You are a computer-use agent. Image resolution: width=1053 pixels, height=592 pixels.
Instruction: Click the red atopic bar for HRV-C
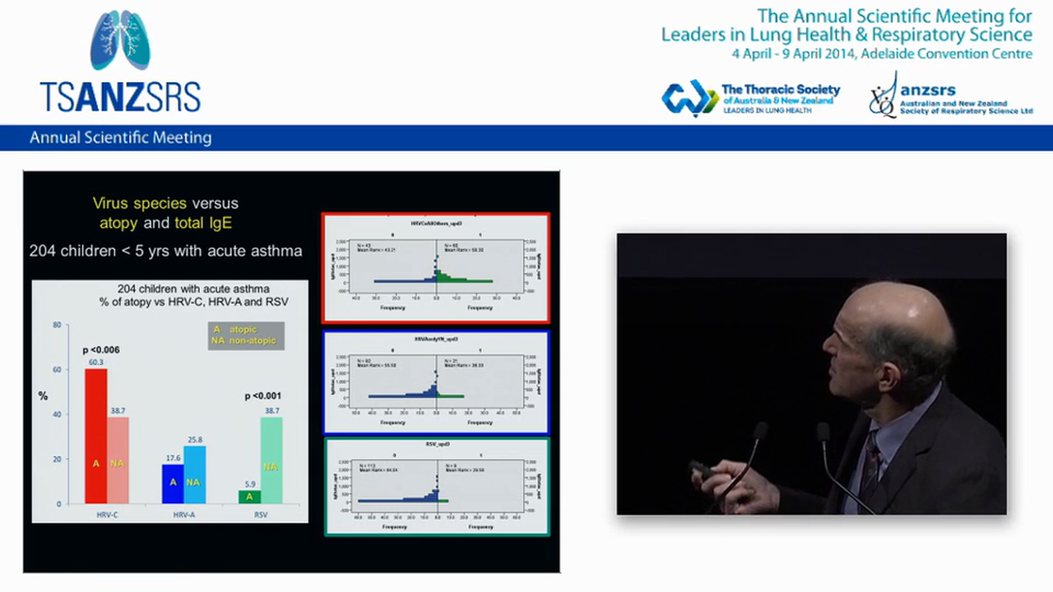point(96,436)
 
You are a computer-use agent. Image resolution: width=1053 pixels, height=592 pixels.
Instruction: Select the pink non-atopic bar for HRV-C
point(118,460)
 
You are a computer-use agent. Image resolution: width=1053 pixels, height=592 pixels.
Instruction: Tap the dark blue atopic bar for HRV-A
point(173,483)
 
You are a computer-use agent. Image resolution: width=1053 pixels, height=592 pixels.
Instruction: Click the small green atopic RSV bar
point(249,497)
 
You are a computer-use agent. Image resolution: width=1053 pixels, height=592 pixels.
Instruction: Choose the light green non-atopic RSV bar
point(271,460)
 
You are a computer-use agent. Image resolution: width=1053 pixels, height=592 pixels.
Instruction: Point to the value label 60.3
point(95,363)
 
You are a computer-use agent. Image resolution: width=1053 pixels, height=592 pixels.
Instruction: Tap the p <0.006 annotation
point(101,350)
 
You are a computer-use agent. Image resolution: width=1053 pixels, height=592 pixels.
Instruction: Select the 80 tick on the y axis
point(57,325)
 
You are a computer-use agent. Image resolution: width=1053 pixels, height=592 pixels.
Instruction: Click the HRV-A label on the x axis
point(183,515)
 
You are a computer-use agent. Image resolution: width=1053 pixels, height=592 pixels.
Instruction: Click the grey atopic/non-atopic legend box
point(245,335)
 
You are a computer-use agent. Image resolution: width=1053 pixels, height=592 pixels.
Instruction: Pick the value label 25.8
point(194,440)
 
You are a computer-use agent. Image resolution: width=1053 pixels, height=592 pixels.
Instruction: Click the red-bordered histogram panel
point(435,268)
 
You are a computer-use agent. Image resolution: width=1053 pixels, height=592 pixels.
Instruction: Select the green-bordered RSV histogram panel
point(436,487)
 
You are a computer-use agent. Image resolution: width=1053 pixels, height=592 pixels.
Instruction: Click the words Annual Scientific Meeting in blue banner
point(121,138)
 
